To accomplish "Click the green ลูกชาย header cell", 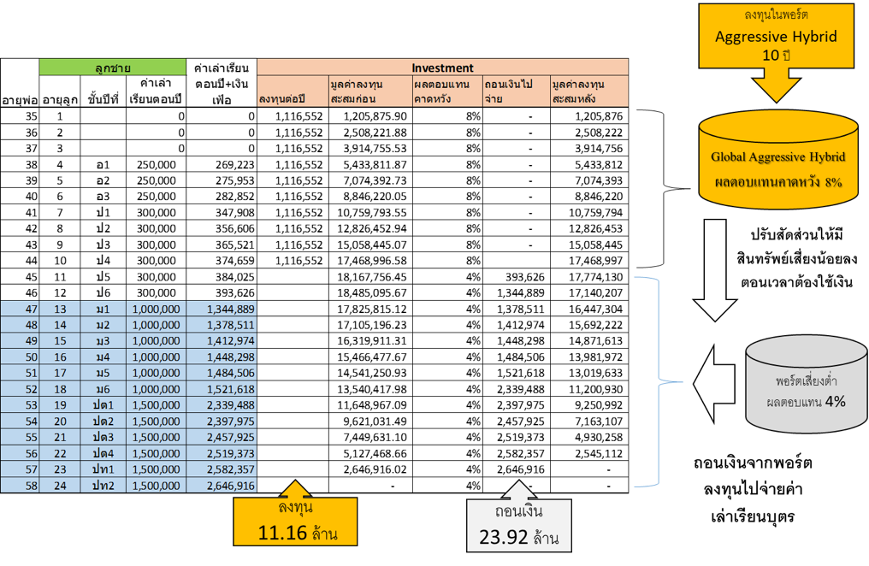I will click(x=112, y=68).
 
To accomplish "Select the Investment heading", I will click(x=442, y=68).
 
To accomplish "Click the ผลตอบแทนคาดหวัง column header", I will click(x=446, y=91).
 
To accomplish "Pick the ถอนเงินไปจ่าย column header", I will click(x=515, y=91).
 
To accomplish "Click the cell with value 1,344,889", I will click(x=222, y=310).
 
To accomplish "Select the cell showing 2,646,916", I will click(x=222, y=486).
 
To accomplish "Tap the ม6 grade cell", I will click(x=103, y=389).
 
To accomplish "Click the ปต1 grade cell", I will click(x=103, y=405).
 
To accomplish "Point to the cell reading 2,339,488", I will click(x=222, y=405).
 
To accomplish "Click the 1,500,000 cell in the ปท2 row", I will click(x=157, y=486).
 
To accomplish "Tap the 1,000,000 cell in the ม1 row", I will click(x=157, y=310).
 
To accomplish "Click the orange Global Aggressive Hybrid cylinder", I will click(x=777, y=162).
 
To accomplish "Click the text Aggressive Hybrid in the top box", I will click(x=776, y=36).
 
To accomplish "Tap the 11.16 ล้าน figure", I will click(x=296, y=534).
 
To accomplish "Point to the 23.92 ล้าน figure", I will click(x=519, y=539).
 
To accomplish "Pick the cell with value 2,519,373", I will click(x=222, y=453).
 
